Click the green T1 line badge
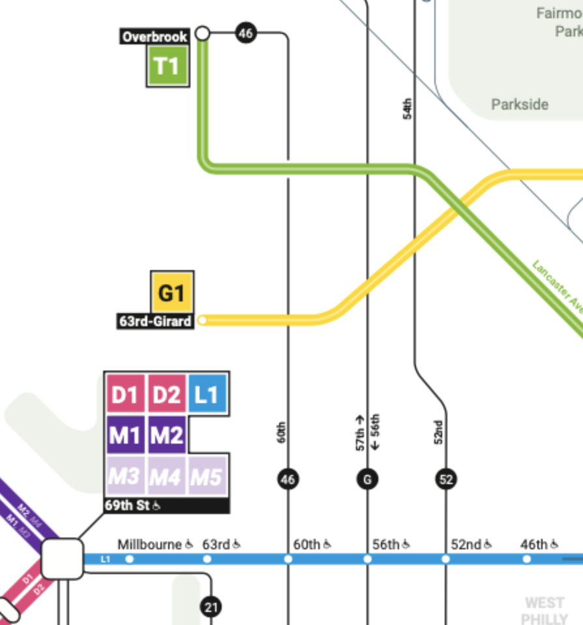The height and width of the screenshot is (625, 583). pos(167,66)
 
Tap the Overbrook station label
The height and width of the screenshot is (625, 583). pos(155,37)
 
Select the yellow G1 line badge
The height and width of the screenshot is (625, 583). pos(172,292)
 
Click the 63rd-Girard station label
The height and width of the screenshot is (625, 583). pos(155,321)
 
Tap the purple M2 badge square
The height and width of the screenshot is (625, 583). pos(166,435)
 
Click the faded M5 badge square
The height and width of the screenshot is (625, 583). pos(207,477)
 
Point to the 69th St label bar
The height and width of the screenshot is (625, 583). pos(166,506)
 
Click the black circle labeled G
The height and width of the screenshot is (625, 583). pos(367,480)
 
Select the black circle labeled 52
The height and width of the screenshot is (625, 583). pos(446,480)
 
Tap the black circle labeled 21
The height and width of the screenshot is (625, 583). pos(211,607)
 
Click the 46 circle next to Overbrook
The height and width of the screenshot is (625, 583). pos(245,32)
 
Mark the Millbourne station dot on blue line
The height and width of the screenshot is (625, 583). pos(129,559)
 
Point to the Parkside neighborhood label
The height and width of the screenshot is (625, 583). pos(520,104)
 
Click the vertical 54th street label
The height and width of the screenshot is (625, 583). pos(408,108)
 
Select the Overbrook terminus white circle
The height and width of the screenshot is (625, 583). pos(203,32)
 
